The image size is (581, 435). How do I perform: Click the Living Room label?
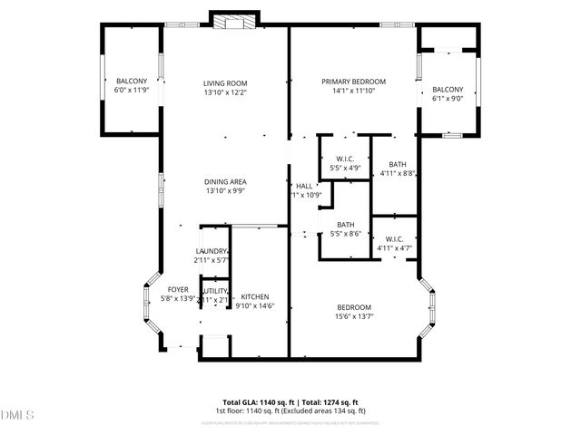[225, 82]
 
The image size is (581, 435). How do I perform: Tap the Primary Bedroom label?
[353, 82]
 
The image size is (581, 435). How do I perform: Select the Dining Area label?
[225, 181]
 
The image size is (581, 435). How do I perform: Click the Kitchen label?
[254, 296]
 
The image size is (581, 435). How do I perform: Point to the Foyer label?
[177, 289]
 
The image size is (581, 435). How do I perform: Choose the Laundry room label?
[212, 252]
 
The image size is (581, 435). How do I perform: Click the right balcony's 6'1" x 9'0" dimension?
[447, 98]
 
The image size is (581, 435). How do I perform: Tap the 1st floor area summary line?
[290, 411]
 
